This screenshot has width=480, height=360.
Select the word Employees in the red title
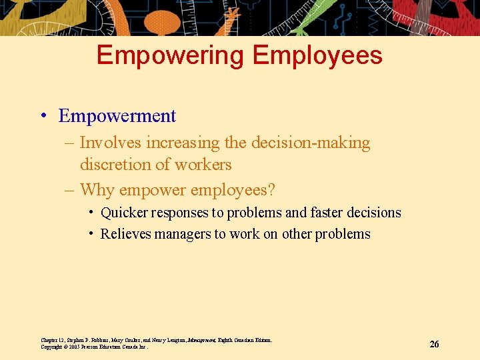316,55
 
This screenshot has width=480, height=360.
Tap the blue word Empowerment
117,116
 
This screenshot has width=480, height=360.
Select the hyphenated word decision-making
309,143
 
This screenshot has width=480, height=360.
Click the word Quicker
125,213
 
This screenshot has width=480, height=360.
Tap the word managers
185,234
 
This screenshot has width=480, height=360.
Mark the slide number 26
434,344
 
